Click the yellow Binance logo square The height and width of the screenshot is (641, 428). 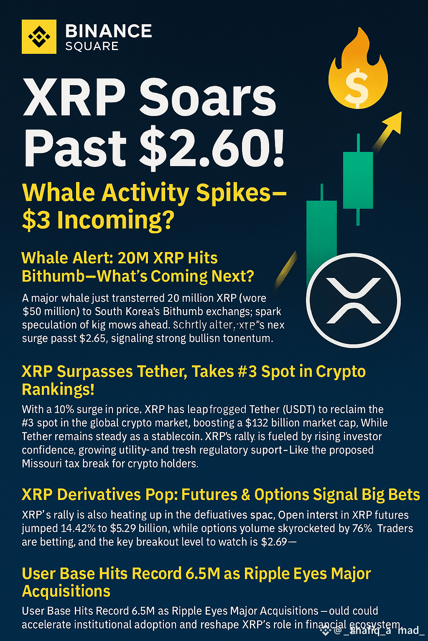[39, 36]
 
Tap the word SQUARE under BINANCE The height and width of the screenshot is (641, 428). [92, 46]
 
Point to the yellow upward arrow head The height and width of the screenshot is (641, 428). [393, 123]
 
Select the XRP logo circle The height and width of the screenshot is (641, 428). [354, 300]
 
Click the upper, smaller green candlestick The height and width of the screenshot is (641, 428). [358, 180]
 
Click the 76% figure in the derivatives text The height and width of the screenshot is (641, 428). [362, 528]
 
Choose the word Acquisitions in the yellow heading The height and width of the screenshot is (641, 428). [66, 591]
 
